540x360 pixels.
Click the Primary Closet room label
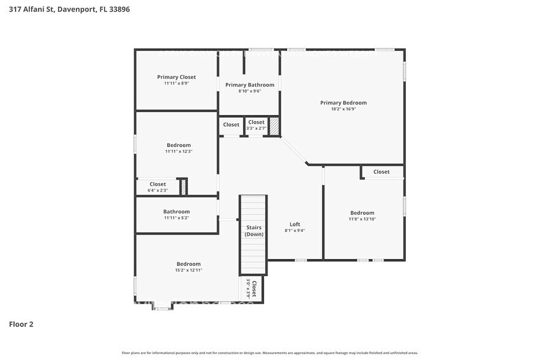(176, 77)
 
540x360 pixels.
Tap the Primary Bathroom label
(250, 84)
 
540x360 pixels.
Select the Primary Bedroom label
(343, 103)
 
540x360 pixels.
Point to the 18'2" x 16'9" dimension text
(343, 109)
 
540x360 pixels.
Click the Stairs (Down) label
(253, 231)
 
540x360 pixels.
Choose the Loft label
(294, 224)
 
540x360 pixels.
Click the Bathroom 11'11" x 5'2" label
(176, 212)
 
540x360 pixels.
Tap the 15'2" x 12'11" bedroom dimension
(189, 270)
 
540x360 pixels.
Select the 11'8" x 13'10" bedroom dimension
(362, 219)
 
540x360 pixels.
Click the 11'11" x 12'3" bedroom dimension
(178, 151)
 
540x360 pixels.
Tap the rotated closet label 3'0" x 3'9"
(252, 288)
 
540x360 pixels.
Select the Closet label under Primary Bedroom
(381, 172)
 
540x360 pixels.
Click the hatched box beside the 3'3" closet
(274, 126)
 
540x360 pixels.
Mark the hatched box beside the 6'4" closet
(182, 187)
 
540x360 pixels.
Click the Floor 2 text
(21, 324)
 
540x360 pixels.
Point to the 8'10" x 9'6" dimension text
(250, 91)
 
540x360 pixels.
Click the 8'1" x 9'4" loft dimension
(294, 231)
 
